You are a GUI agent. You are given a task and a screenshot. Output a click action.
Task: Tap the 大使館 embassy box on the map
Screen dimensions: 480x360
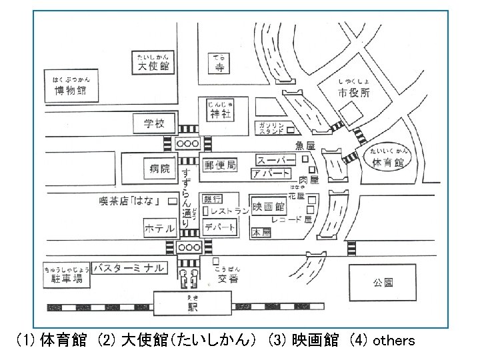(x=153, y=67)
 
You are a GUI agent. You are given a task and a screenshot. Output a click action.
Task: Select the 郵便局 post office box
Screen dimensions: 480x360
(x=220, y=165)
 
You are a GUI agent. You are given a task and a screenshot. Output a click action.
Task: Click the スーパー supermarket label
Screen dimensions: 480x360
(x=275, y=160)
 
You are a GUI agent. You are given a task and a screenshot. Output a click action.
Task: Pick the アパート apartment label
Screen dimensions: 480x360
(x=271, y=174)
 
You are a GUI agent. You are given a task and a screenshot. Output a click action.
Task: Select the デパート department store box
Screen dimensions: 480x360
(x=221, y=227)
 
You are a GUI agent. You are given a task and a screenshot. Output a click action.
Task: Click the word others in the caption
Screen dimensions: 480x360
(x=393, y=341)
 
